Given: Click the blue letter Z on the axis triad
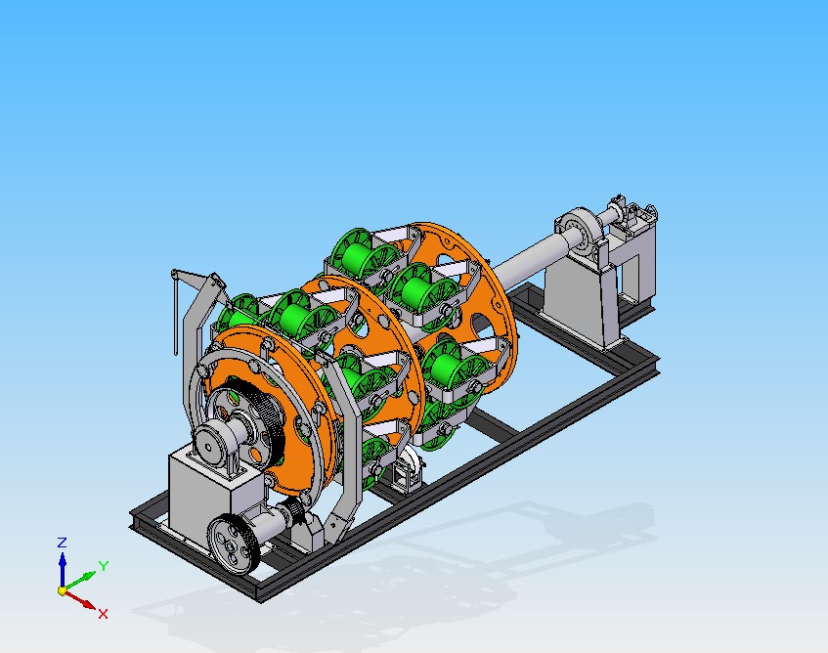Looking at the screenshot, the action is tap(62, 543).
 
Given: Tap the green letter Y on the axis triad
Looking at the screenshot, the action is tap(104, 566).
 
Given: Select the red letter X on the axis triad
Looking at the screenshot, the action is tap(103, 613).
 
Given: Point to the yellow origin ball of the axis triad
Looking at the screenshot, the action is tap(63, 590).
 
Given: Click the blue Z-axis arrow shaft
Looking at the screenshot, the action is tap(63, 570).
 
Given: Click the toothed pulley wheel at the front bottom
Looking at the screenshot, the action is tap(233, 544).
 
